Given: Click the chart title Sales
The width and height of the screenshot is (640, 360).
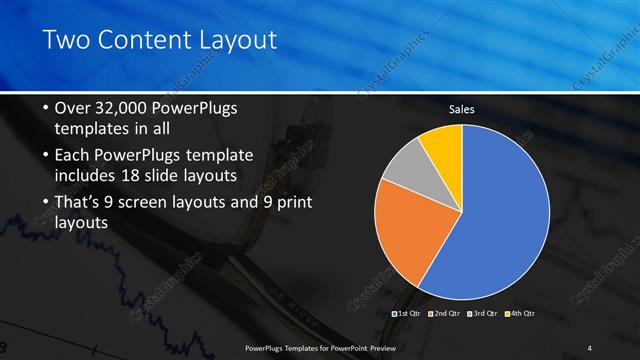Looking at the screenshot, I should [461, 109].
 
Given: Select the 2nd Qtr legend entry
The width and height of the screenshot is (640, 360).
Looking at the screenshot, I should [444, 314].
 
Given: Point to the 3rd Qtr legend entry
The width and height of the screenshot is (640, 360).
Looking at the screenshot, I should [482, 314].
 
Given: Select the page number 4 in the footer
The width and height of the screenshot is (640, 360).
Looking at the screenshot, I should [590, 347].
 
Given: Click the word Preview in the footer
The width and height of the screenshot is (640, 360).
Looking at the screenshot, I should [377, 347].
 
